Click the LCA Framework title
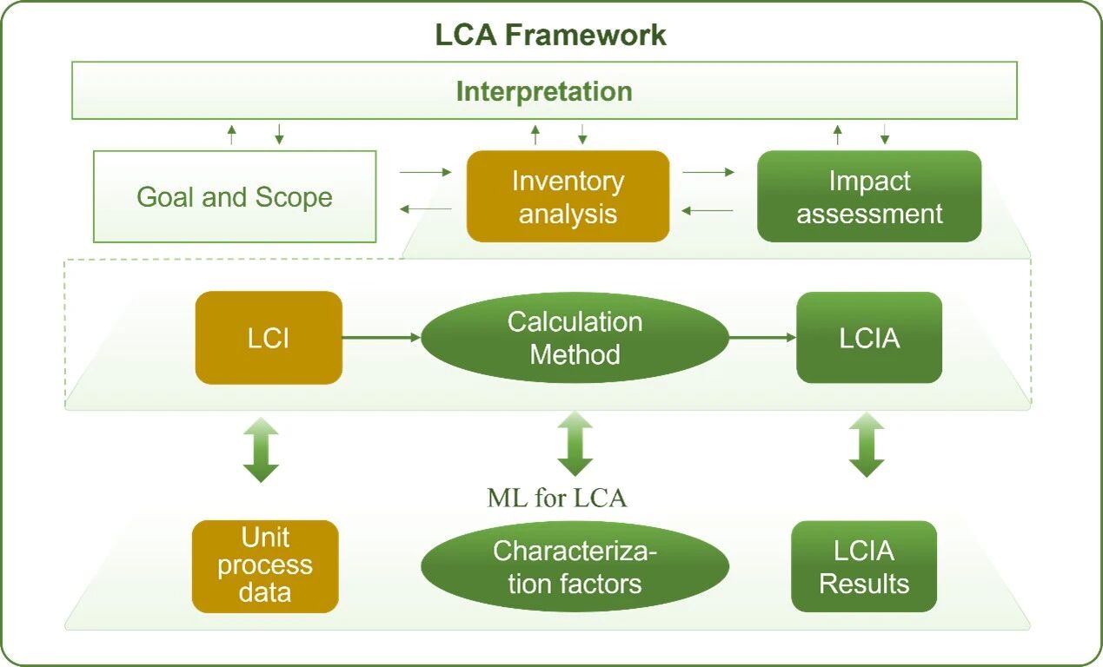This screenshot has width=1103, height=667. click(550, 35)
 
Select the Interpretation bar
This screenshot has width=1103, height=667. click(544, 90)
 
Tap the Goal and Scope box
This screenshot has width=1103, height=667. click(235, 196)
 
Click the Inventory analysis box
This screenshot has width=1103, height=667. click(568, 196)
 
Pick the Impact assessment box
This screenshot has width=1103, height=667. click(869, 196)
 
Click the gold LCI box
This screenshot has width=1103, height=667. click(269, 338)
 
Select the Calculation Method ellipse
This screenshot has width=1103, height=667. click(575, 338)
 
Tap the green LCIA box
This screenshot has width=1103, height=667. click(869, 338)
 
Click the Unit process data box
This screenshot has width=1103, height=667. click(265, 565)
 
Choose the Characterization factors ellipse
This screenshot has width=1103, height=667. click(575, 566)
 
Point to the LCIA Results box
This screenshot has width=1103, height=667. click(864, 566)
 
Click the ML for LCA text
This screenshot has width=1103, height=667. click(557, 499)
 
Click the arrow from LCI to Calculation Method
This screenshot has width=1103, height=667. click(382, 338)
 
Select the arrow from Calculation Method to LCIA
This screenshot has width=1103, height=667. click(762, 338)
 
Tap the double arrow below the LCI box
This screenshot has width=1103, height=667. click(261, 450)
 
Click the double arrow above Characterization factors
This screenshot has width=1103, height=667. click(575, 444)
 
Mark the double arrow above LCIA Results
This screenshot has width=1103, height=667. click(867, 445)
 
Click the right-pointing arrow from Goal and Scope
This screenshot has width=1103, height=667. click(425, 173)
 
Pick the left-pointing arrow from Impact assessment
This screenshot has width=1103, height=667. click(708, 210)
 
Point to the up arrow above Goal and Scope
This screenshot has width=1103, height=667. click(231, 134)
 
